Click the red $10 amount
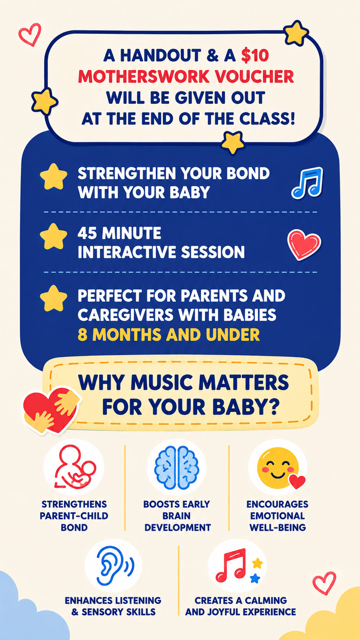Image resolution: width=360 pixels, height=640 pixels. point(255,56)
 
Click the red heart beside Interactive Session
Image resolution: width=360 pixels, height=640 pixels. point(304,245)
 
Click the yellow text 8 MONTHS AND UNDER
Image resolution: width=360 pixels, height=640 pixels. point(169,335)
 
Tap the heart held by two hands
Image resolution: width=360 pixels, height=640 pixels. point(51,410)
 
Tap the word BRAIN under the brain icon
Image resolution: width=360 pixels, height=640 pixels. point(176,516)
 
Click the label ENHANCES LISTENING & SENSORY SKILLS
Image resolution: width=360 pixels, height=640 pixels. point(113,606)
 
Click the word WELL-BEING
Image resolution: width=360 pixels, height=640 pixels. point(277,527)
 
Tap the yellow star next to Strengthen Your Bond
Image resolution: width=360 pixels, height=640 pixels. point(54,177)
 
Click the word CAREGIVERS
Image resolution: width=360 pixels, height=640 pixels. point(125,315)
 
